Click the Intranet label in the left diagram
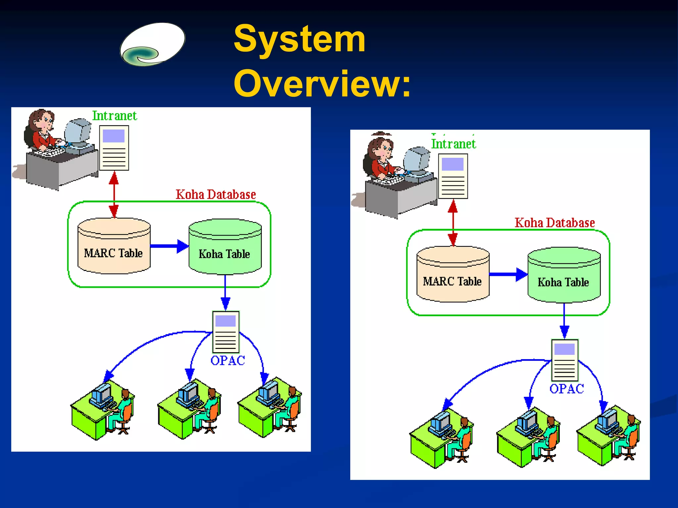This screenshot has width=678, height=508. click(x=114, y=116)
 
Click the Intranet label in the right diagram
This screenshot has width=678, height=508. click(x=453, y=144)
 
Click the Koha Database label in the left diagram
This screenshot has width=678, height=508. click(x=216, y=194)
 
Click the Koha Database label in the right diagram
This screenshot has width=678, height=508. click(x=555, y=223)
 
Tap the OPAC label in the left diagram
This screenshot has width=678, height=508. click(x=228, y=360)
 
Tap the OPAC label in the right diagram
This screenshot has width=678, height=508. click(x=567, y=389)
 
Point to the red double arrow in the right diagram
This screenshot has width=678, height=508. click(x=453, y=223)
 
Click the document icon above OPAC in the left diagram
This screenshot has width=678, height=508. click(x=226, y=332)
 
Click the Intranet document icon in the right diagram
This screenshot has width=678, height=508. click(x=453, y=176)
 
